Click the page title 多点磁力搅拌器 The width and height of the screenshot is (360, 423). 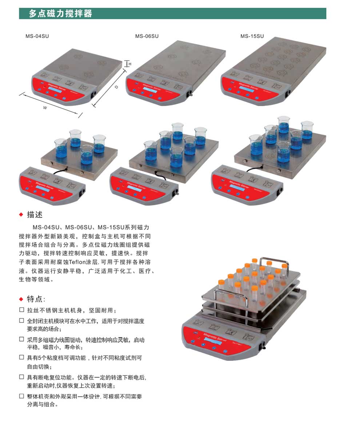(61, 14)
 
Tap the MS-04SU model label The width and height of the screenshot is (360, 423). (37, 36)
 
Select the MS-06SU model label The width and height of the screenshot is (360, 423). (147, 36)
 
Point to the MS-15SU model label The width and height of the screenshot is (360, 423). (252, 36)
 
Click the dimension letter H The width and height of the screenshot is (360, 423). (130, 64)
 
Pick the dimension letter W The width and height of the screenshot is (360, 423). (45, 107)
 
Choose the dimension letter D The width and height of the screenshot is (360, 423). (116, 87)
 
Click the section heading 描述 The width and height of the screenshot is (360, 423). (35, 215)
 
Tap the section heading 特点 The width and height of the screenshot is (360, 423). (35, 299)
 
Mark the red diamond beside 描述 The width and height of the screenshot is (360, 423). (21, 215)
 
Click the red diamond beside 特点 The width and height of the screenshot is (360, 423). (21, 299)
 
